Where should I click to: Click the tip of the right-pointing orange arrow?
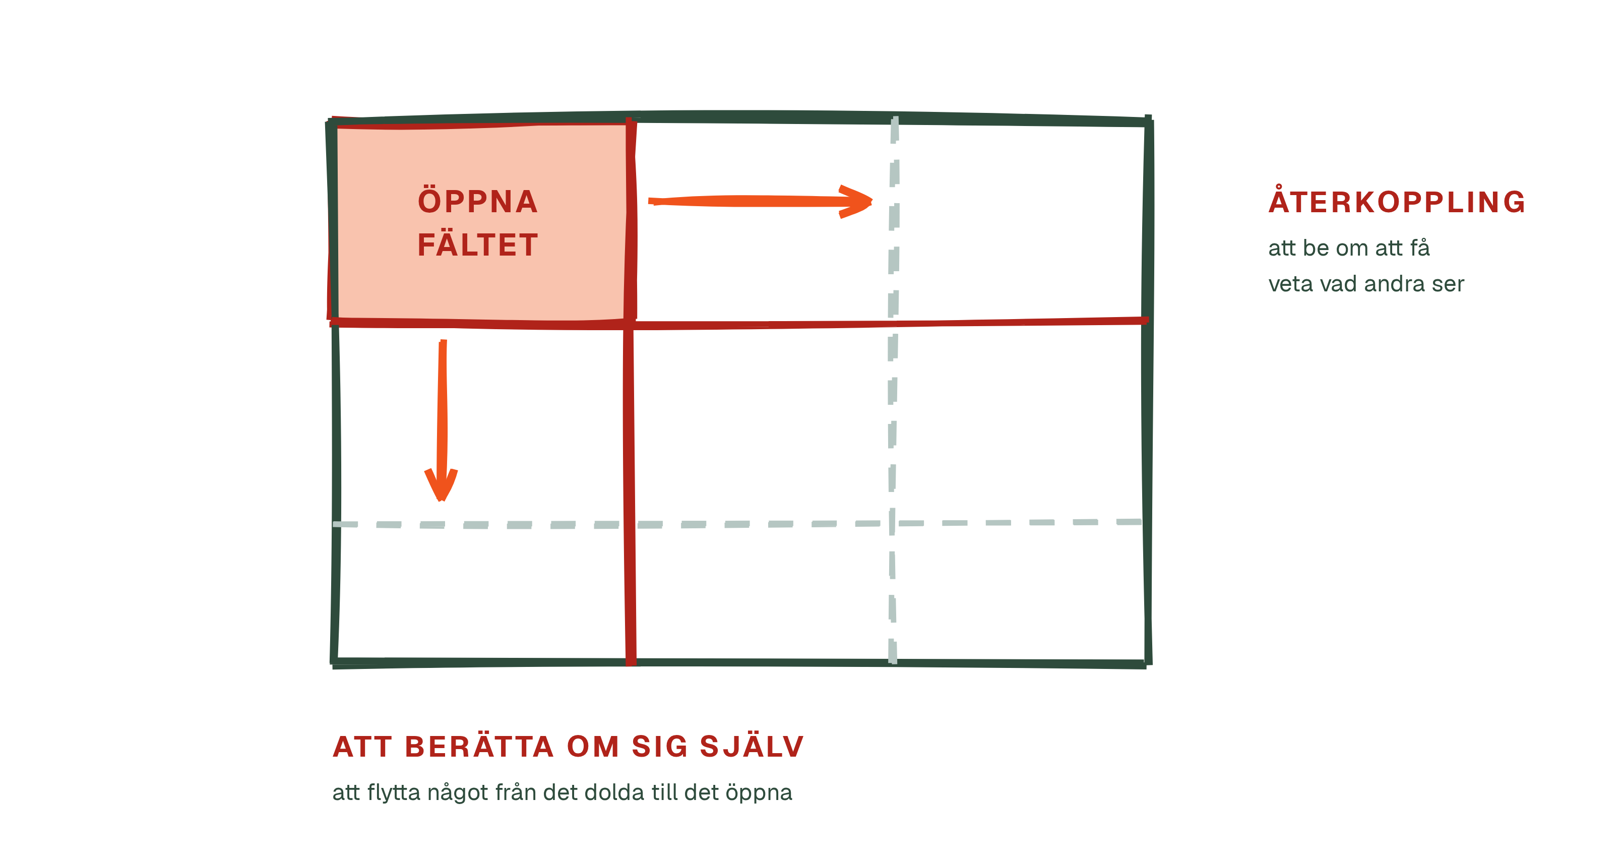click(x=872, y=202)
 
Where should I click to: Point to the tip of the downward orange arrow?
click(x=442, y=501)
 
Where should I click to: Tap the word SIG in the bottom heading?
click(x=660, y=747)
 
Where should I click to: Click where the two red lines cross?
click(x=629, y=325)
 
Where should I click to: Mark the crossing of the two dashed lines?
click(x=892, y=523)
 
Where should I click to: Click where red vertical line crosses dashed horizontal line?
click(x=630, y=524)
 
